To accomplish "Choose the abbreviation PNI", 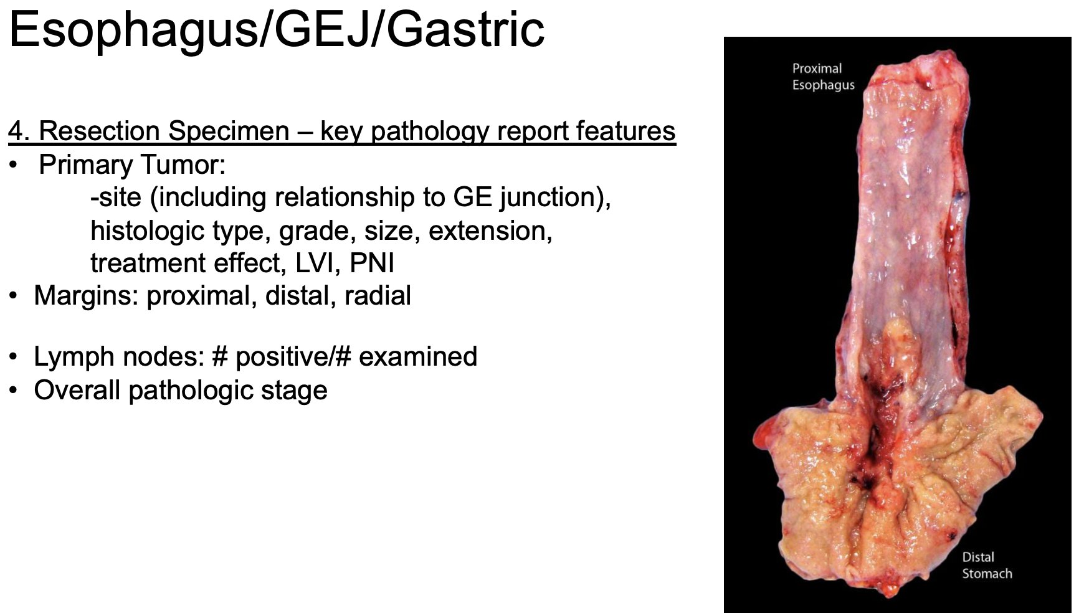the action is tap(371, 264).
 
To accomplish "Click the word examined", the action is tap(418, 357).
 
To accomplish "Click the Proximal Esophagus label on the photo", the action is tap(823, 77).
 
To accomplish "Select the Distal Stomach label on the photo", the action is tap(987, 566).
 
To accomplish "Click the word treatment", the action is tap(148, 264).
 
